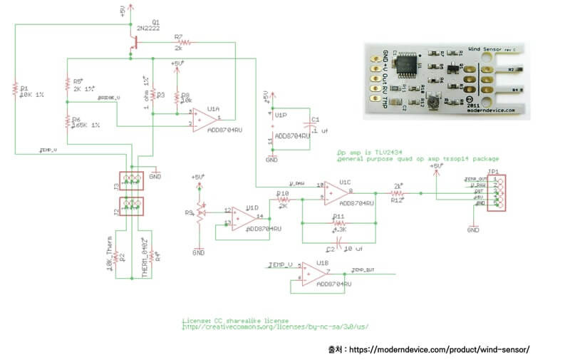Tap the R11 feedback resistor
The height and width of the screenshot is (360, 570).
coord(338,221)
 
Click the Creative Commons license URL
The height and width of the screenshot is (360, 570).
coord(276,327)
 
